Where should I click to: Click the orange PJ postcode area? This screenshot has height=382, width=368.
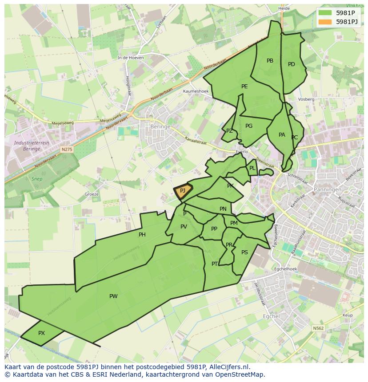point(182,191)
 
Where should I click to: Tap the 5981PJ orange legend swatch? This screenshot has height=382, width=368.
point(325,22)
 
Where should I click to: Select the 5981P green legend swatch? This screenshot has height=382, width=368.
point(325,13)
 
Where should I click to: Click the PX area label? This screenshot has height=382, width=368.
point(41,333)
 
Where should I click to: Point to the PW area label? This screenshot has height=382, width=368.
point(113,296)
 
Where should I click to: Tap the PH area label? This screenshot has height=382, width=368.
point(142,235)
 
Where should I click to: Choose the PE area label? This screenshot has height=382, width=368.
point(244,87)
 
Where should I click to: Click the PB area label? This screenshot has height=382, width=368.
point(270,61)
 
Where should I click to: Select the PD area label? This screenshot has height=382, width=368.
point(292,64)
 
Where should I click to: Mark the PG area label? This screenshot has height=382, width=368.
point(249,126)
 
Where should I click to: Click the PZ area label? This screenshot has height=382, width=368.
point(229,131)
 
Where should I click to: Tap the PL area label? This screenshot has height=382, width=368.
point(252,168)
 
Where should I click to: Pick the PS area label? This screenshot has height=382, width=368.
point(244,252)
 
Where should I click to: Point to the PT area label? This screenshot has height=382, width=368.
point(215,264)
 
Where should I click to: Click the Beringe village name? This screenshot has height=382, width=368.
point(160,126)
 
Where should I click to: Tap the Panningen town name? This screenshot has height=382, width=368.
point(328,189)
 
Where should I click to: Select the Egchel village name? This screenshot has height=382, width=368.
point(272,316)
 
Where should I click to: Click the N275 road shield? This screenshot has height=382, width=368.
point(67,150)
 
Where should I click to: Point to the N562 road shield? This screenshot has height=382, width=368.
point(318,328)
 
